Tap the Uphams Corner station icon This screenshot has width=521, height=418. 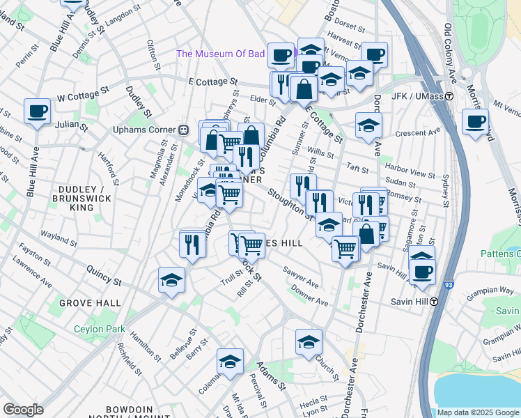tap(184, 130)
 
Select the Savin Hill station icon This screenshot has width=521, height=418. tap(433, 302)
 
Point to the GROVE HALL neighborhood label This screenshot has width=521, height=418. tap(90, 303)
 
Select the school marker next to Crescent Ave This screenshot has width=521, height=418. tap(368, 126)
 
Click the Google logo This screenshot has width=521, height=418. tap(24, 410)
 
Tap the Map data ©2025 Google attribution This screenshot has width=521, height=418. tap(477, 412)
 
